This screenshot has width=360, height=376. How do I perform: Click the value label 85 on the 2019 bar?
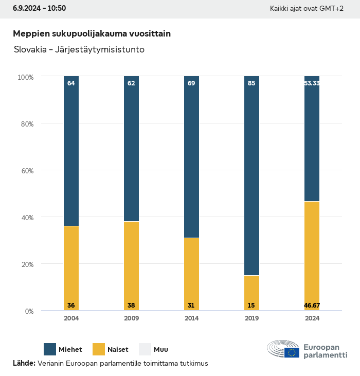coord(251,83)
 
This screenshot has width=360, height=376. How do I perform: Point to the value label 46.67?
coord(312,306)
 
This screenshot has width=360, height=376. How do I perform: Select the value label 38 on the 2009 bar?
coord(131,306)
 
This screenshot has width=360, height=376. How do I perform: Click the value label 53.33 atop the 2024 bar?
coord(312,83)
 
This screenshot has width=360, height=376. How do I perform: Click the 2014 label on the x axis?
coord(191,318)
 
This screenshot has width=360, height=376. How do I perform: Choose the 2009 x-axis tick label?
coord(131,318)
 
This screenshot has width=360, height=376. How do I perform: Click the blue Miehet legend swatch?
coord(50,349)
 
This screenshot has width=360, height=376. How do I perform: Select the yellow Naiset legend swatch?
coord(98,349)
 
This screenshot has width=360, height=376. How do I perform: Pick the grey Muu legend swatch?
coord(145,349)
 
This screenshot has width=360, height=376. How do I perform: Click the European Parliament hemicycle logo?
coord(283,350)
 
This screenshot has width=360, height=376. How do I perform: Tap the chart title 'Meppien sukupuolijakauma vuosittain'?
coord(92,33)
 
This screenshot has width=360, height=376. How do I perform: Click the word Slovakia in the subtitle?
coord(29,50)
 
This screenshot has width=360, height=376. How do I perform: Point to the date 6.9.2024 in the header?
coord(28,8)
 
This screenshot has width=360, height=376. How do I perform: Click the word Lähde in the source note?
coord(24,363)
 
